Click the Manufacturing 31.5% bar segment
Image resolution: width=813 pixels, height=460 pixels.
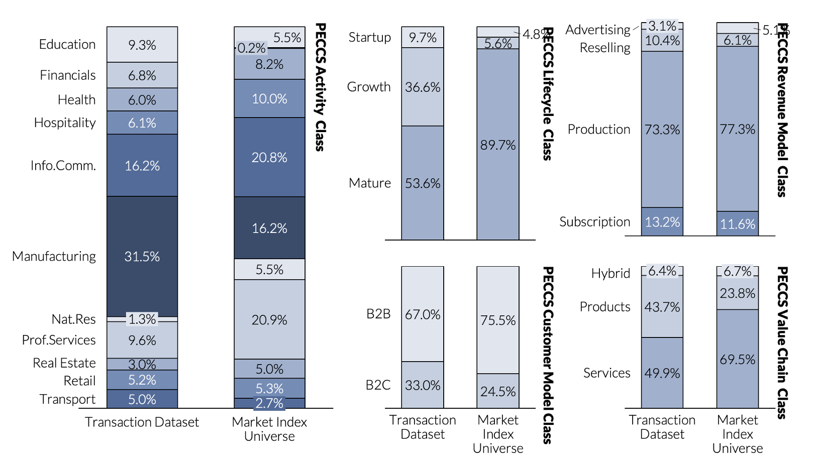coord(142,256)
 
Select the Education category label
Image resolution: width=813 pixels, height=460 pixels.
coord(67,44)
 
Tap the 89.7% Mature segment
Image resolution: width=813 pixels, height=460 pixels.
coord(497,145)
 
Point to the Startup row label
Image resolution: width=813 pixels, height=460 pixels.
coord(370,37)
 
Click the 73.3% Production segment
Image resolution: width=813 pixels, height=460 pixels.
coord(662,130)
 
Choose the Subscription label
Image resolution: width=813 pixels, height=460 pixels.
coord(594,222)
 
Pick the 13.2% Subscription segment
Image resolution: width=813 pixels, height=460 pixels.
coord(662,222)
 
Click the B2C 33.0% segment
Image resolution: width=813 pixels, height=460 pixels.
coord(423,385)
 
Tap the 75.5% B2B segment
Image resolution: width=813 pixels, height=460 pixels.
coord(497,320)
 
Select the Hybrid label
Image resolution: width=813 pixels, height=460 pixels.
coord(611,273)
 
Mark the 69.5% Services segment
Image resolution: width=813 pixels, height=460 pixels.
coord(737,360)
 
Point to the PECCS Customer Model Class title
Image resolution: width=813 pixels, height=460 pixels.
coord(548,355)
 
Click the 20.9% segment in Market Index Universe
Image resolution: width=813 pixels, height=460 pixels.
coord(269,320)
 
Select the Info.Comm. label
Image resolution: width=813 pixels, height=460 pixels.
coord(63,166)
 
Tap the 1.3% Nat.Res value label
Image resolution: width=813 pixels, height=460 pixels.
coord(142,319)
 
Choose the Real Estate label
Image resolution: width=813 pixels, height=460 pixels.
coord(64,363)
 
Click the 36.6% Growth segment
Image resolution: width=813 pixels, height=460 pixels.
coord(423,87)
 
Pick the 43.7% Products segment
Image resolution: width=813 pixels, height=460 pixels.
coord(662,307)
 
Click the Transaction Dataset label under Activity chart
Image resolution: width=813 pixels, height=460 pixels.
coord(142,422)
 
